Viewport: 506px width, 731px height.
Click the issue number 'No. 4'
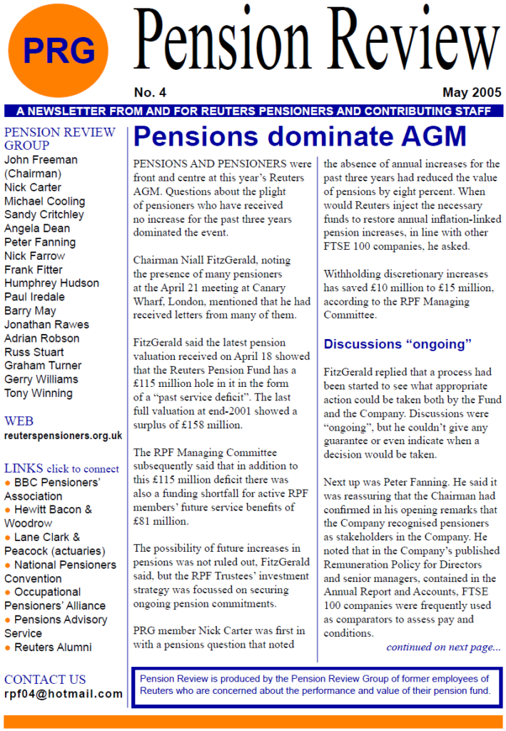coord(150,93)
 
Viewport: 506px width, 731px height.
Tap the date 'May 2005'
coord(472,93)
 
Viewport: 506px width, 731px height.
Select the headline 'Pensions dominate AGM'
coord(300,136)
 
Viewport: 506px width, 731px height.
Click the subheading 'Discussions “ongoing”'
coord(398,344)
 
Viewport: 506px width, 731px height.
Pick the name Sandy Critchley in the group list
coord(44,215)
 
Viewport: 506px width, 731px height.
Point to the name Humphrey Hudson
coord(51,283)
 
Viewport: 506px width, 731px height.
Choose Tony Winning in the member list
coord(39,393)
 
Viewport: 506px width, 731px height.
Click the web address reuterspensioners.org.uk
coord(63,435)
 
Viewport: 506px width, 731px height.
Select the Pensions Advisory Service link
coord(60,620)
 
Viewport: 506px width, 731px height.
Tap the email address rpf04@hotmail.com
coord(64,694)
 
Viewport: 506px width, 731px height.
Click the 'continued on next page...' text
coord(443,647)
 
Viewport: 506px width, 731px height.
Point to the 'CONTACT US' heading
coord(45,680)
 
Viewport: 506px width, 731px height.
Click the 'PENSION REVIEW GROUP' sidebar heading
coord(59,139)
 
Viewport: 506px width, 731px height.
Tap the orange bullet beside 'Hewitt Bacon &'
coord(7,510)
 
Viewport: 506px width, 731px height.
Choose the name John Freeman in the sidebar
coord(41,160)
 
